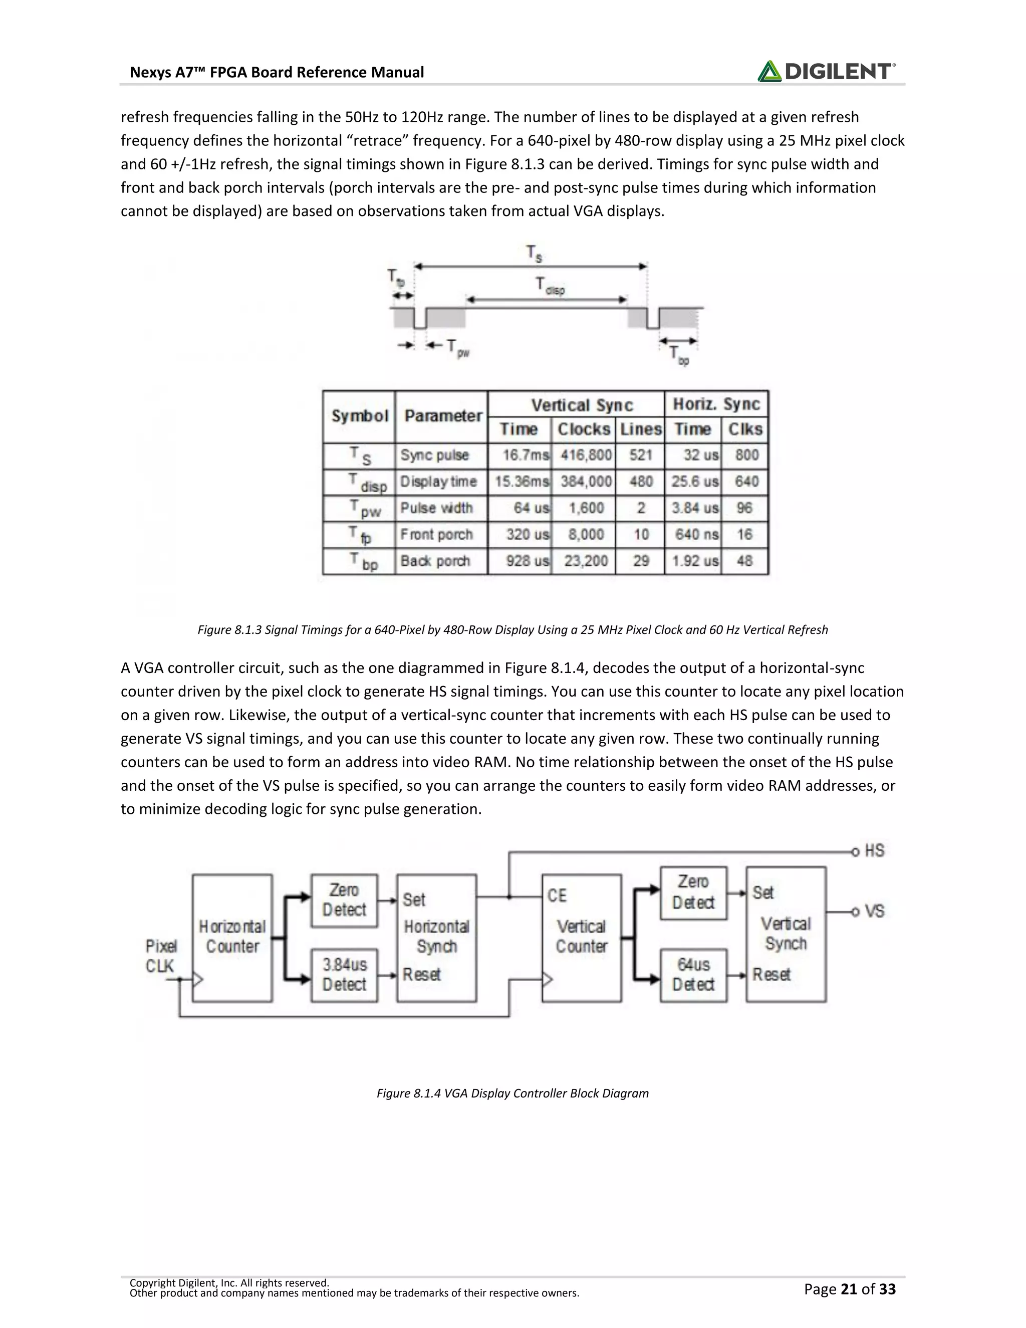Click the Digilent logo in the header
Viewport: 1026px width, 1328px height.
point(826,72)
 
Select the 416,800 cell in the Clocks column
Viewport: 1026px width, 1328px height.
point(585,456)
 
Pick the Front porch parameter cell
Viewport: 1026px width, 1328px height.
point(436,535)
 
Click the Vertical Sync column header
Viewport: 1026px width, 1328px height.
point(582,405)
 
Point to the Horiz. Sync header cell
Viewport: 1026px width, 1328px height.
point(716,404)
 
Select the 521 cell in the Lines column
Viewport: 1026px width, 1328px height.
point(641,456)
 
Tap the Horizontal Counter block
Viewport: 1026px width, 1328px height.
point(232,937)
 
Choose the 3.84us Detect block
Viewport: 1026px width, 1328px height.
point(344,975)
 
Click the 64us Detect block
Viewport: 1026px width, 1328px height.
point(693,975)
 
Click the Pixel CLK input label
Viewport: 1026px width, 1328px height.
point(160,956)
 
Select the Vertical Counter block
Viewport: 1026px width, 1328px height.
point(581,937)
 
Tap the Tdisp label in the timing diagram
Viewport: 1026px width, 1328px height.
point(549,285)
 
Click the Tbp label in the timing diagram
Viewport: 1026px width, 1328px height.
point(678,356)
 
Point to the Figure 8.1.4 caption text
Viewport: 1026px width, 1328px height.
point(512,1093)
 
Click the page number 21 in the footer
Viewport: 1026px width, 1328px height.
point(849,1289)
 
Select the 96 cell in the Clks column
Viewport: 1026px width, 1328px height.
point(744,508)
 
